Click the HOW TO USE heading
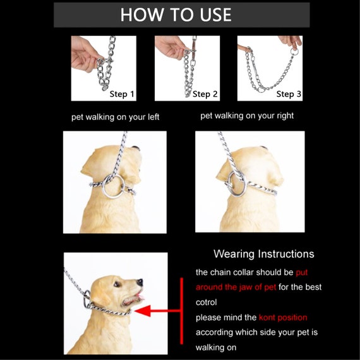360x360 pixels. tap(176, 15)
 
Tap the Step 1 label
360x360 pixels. tap(122, 94)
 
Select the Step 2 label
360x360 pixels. tap(205, 94)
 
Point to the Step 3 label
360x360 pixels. tap(289, 94)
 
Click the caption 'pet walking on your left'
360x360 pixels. tap(115, 117)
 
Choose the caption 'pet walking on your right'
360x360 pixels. tap(247, 116)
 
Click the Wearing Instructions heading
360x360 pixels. tap(264, 254)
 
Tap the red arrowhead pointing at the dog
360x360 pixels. tap(143, 311)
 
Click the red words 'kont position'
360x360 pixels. tap(283, 318)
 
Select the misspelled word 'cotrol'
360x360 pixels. tap(206, 303)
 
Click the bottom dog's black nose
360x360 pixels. tap(140, 282)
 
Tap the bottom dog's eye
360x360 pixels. tap(117, 284)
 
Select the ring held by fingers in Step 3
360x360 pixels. tap(294, 52)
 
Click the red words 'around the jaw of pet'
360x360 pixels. tap(236, 287)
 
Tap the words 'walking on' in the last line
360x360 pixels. tap(216, 347)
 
